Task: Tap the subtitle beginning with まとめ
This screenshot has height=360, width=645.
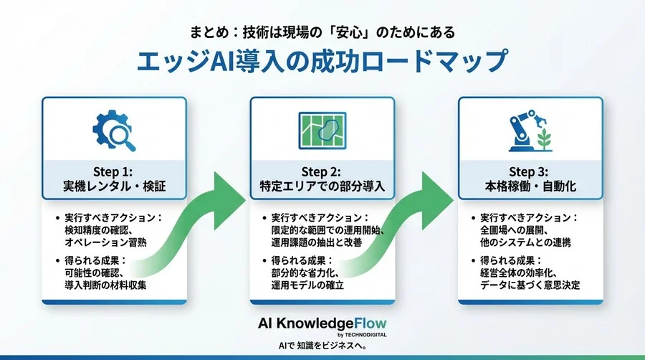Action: tap(322, 32)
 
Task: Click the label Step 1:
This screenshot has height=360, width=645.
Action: tap(115, 171)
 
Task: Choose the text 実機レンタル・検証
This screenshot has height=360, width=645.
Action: tap(115, 187)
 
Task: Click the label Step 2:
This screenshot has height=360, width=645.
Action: tap(322, 171)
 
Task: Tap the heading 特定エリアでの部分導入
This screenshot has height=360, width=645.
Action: tap(322, 187)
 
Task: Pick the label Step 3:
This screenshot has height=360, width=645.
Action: tap(530, 171)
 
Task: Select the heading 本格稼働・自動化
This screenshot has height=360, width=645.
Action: tap(530, 187)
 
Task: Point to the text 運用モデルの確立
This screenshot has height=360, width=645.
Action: tap(308, 285)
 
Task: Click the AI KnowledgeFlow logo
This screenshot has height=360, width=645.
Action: tap(322, 323)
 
